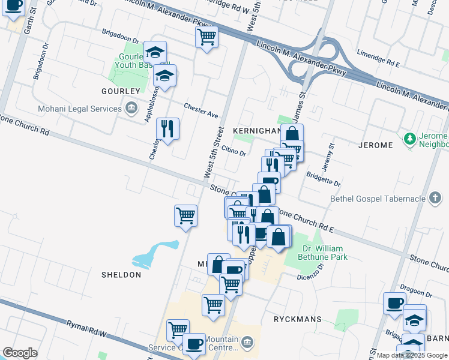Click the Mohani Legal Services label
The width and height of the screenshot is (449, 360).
[x=79, y=109]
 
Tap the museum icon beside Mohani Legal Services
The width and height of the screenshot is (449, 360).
[x=131, y=109]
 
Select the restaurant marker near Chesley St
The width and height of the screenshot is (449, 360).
[x=167, y=129]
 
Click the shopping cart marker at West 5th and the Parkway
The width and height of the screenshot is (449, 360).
[x=206, y=38]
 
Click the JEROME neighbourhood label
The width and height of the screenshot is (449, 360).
[x=375, y=145]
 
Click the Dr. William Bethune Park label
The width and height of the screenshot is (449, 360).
[x=323, y=253]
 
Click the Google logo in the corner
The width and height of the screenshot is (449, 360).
[x=20, y=353]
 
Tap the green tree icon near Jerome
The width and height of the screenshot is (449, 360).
[x=411, y=139]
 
